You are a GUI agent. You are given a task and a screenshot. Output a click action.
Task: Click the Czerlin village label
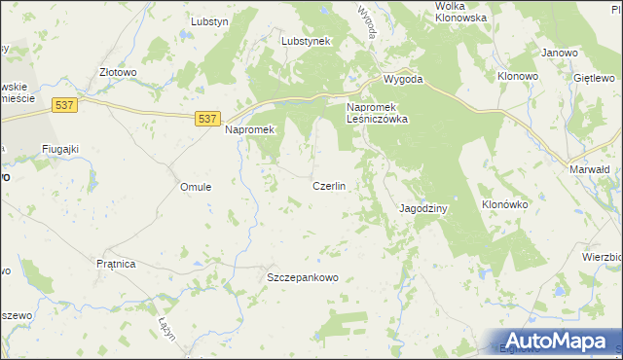click(329, 186)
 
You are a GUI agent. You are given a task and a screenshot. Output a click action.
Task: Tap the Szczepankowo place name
click(303, 277)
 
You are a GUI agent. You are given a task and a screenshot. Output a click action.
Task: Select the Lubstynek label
click(307, 42)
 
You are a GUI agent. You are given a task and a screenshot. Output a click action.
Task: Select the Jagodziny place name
click(423, 208)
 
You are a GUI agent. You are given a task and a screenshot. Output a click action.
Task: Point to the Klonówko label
click(504, 205)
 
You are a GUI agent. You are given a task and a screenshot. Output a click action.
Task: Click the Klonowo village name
click(518, 75)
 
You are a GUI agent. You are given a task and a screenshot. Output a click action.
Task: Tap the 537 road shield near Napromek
click(205, 118)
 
